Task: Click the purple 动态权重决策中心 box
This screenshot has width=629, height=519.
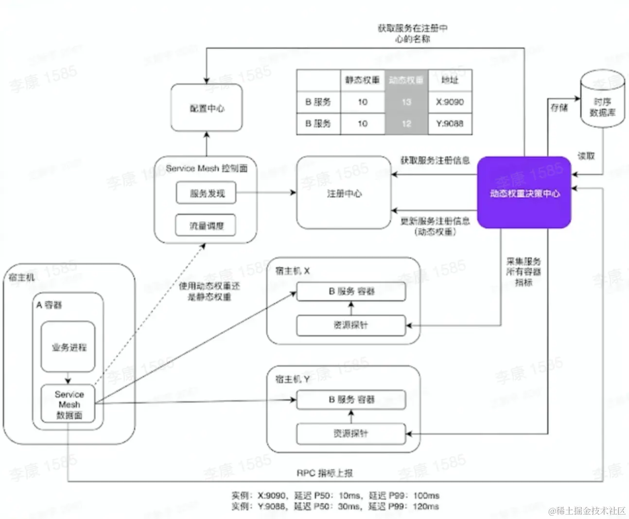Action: [524, 192]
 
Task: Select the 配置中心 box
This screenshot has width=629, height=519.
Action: [207, 107]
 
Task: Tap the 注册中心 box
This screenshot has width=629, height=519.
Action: [344, 193]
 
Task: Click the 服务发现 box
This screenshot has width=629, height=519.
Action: [207, 193]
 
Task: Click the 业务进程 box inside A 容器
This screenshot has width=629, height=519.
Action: [68, 347]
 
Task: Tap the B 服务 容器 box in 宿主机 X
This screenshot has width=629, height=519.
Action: [351, 292]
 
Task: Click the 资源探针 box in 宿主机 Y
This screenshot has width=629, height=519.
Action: [351, 433]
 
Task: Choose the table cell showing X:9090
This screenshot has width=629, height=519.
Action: [450, 102]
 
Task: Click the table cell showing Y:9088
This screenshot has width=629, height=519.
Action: [450, 123]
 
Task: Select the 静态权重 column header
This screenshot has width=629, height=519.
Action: [362, 80]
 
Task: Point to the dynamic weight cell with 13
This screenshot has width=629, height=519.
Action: [406, 102]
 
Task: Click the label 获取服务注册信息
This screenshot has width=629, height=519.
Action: [435, 160]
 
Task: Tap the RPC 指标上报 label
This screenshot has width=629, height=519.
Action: [325, 473]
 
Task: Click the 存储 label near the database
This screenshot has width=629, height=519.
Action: [559, 107]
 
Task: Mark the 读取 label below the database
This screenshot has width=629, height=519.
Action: [586, 156]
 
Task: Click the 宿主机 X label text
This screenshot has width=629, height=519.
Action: [292, 271]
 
